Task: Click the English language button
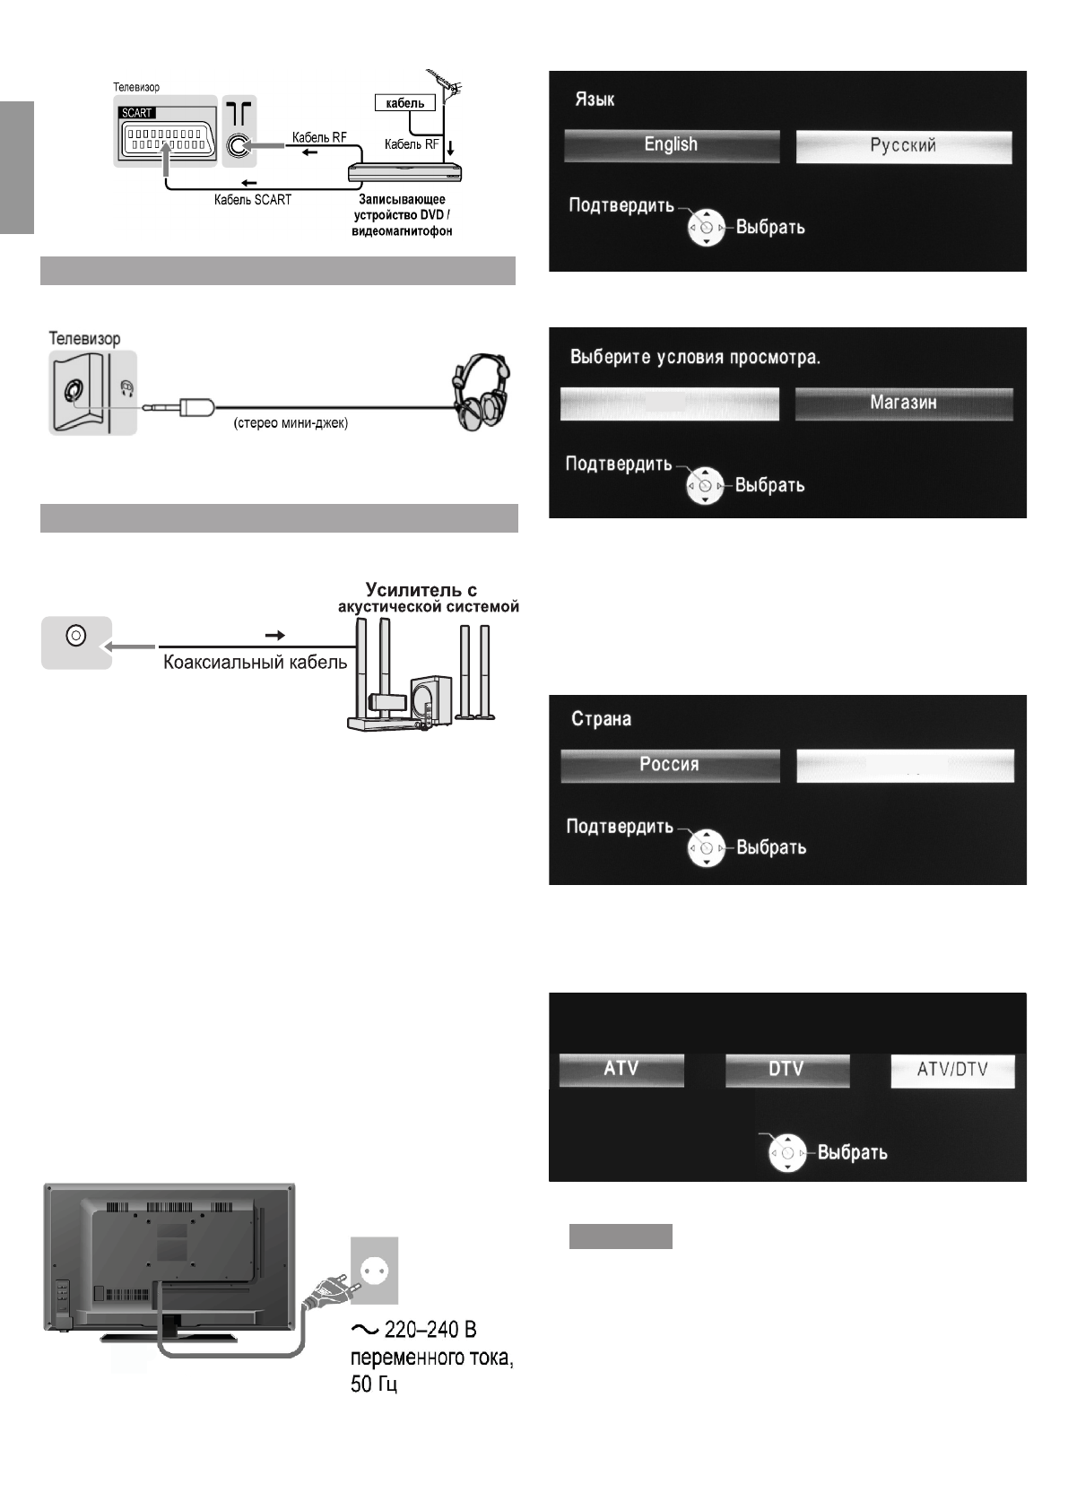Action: click(x=671, y=145)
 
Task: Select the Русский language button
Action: click(x=903, y=146)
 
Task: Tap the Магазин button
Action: click(x=903, y=403)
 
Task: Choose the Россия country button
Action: click(x=669, y=765)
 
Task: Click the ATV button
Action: click(x=621, y=1069)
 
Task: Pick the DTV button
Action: click(x=786, y=1069)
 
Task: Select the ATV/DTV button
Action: click(x=952, y=1070)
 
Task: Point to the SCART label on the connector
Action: click(x=137, y=114)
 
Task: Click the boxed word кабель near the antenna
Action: click(x=404, y=103)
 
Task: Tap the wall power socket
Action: click(x=374, y=1271)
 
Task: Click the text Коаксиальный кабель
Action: click(x=254, y=664)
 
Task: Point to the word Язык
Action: click(x=595, y=99)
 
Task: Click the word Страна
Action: click(x=601, y=719)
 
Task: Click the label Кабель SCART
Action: click(x=252, y=200)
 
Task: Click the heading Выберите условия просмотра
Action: click(x=696, y=357)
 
